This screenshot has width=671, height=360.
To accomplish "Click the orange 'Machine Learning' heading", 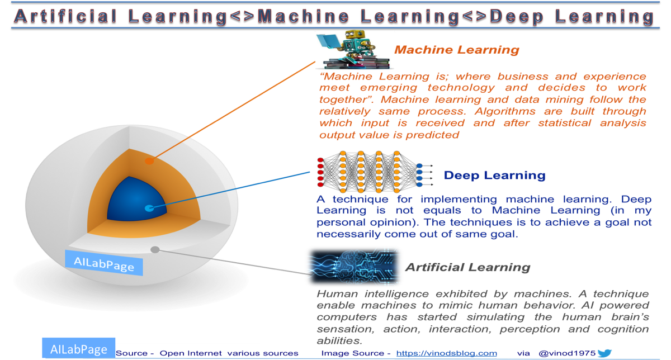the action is click(x=456, y=50).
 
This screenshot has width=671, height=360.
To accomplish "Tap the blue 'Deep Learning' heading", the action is click(x=494, y=176).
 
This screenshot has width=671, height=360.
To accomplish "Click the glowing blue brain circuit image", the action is click(x=353, y=263).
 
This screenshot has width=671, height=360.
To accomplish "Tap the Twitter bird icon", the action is click(x=604, y=353).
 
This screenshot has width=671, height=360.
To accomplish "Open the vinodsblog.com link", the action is click(x=446, y=353).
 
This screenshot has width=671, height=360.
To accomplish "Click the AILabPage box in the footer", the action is click(x=78, y=349).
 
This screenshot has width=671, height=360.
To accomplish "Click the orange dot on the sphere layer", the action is click(x=149, y=161).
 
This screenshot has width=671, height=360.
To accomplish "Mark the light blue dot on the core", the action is click(x=148, y=209).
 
